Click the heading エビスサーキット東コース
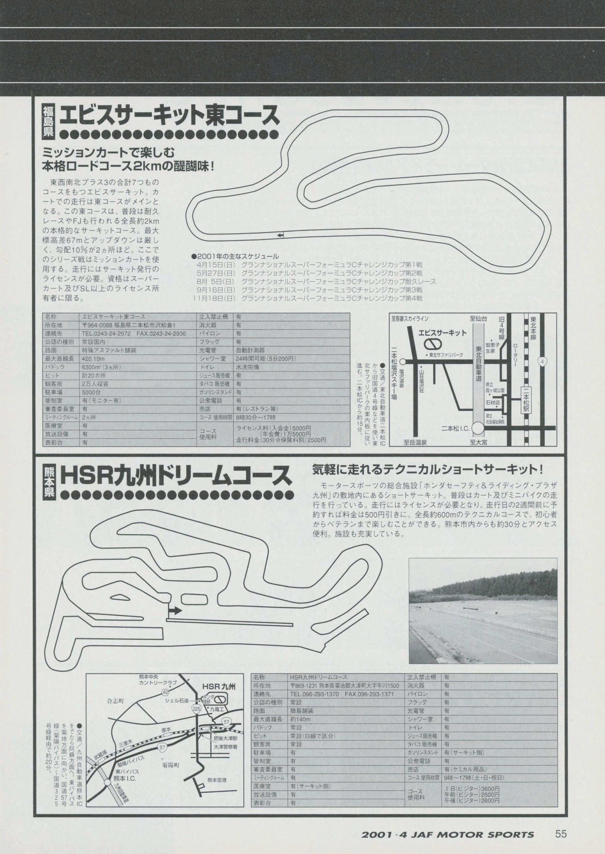[169, 116]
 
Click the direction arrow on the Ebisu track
[280, 235]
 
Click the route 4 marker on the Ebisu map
[544, 361]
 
